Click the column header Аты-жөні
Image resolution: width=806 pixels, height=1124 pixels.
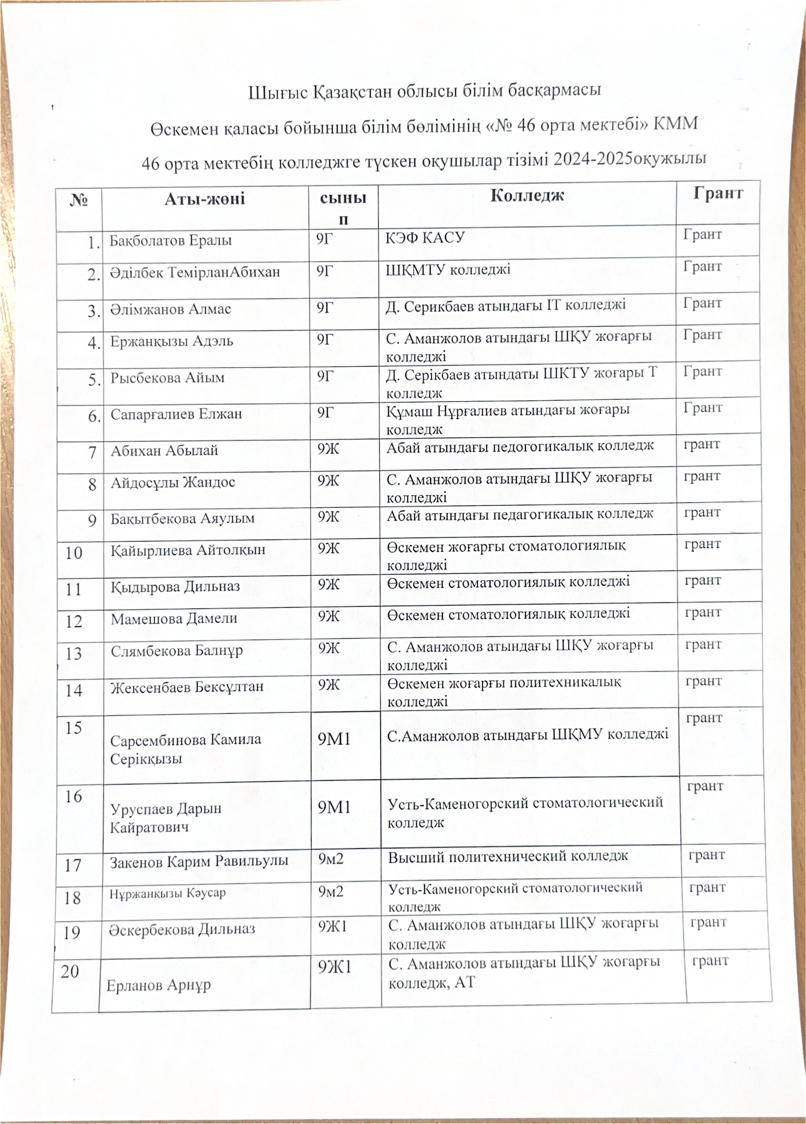[205, 199]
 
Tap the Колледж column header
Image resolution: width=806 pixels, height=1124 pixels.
[527, 195]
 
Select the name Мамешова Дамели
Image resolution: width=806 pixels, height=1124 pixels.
[174, 618]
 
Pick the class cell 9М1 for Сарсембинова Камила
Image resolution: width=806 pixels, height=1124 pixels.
[334, 739]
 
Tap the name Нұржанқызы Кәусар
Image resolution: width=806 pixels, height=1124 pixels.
[168, 893]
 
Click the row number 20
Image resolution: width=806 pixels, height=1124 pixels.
[70, 971]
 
